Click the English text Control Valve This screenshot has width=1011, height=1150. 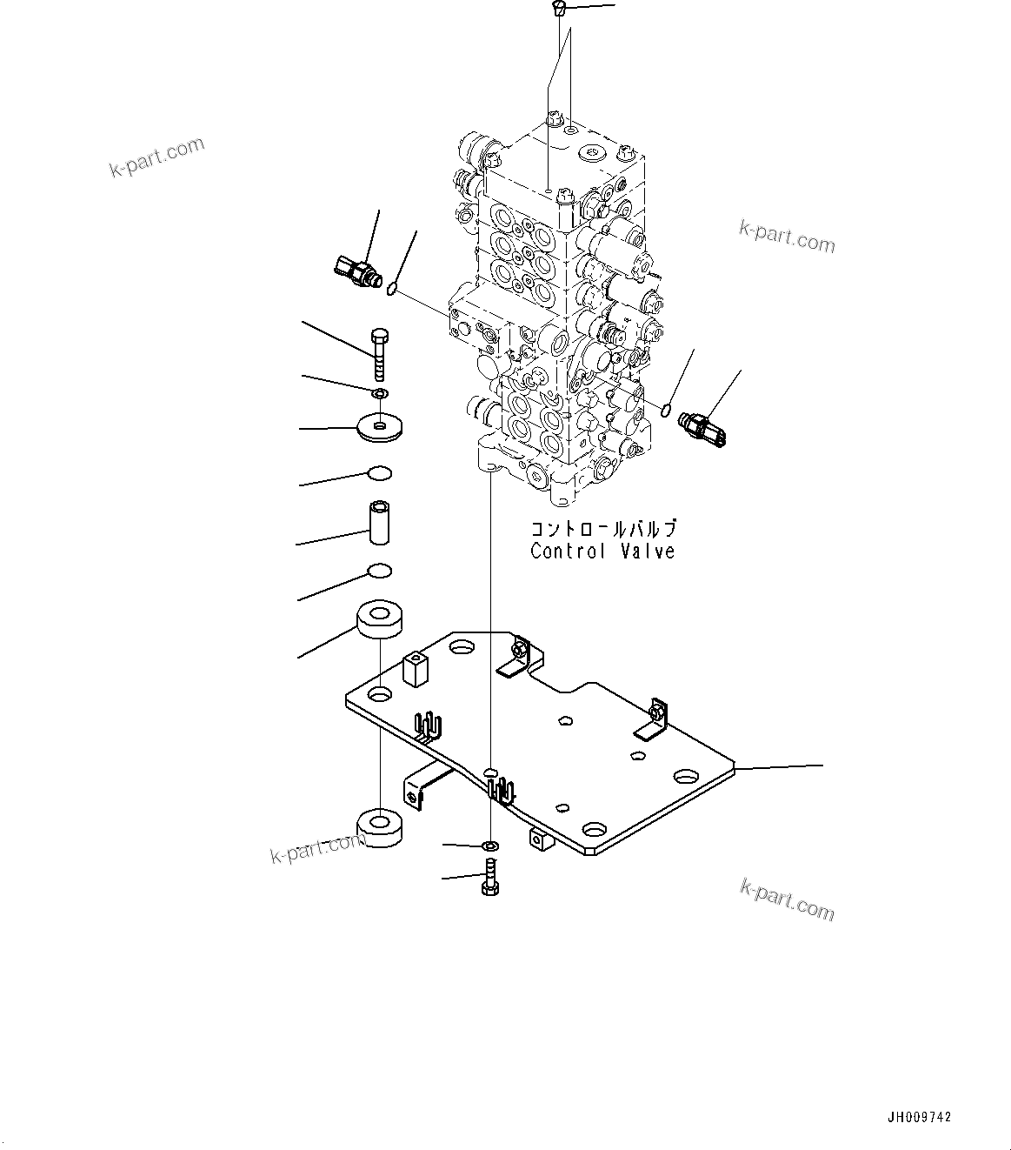tap(602, 552)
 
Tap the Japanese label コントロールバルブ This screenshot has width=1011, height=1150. tap(602, 529)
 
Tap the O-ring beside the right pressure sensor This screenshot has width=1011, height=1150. tap(666, 410)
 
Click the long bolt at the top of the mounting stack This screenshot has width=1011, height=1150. tap(379, 353)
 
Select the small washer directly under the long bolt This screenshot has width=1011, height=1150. tap(380, 396)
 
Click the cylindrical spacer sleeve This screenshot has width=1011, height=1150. tap(380, 522)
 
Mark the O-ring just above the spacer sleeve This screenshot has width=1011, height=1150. tap(379, 473)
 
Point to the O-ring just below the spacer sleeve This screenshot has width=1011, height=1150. tap(379, 571)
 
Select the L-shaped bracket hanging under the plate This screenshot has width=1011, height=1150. tap(423, 783)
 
